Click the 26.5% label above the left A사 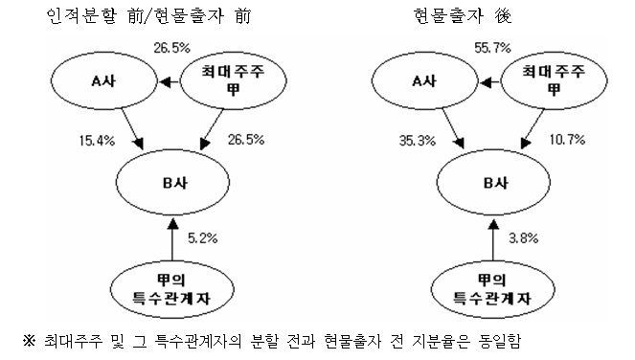(171, 48)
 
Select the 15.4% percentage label (97, 141)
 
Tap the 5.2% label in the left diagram (202, 238)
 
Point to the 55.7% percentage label (492, 48)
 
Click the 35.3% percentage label (418, 141)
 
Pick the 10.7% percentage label (567, 140)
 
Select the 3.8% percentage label (523, 238)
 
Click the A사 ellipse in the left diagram (103, 81)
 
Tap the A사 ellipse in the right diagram (425, 81)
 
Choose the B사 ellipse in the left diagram (173, 182)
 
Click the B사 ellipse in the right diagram (493, 182)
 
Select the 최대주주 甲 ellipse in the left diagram (233, 81)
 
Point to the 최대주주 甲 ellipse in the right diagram (554, 81)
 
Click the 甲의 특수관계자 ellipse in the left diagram (172, 290)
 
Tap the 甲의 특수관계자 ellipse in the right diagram (492, 290)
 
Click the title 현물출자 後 (463, 16)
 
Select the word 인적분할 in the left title (81, 16)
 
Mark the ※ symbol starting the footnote (29, 341)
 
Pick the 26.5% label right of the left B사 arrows (246, 140)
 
